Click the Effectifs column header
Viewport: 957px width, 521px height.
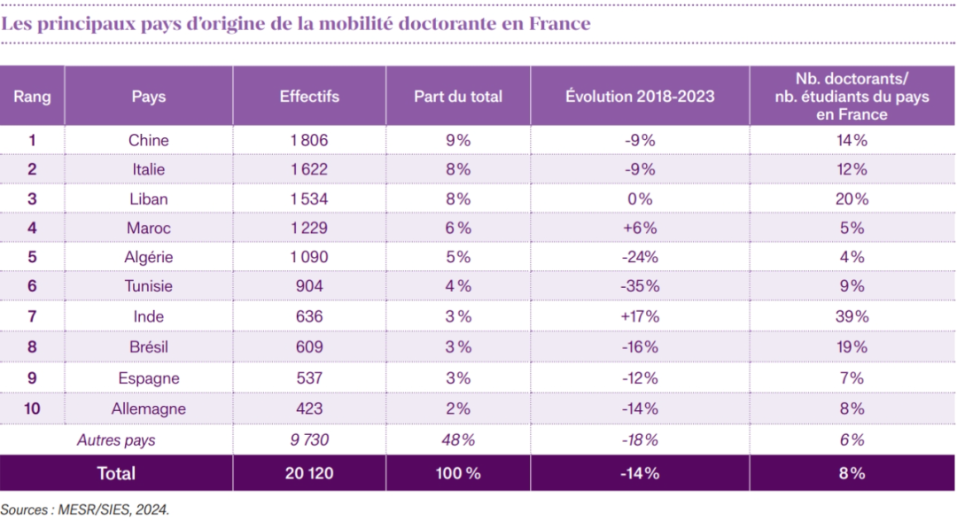(308, 97)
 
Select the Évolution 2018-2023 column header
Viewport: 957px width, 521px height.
(640, 97)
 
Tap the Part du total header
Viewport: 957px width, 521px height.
(458, 97)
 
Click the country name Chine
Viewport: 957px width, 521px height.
(148, 140)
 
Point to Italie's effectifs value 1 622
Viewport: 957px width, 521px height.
(308, 169)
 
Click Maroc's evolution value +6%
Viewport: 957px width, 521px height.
(640, 228)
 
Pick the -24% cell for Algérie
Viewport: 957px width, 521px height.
(640, 258)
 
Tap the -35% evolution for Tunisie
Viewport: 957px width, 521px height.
(640, 286)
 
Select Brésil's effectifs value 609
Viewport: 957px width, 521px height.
(308, 346)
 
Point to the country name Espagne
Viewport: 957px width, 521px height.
(148, 378)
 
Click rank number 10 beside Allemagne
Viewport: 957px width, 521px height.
(32, 408)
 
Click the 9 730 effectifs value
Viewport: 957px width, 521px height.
(308, 440)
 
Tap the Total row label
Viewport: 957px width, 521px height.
(116, 473)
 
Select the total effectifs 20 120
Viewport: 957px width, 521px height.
(308, 473)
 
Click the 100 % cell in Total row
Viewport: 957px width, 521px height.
(458, 473)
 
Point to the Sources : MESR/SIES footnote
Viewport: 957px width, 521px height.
(84, 509)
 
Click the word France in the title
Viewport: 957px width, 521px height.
(559, 24)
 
